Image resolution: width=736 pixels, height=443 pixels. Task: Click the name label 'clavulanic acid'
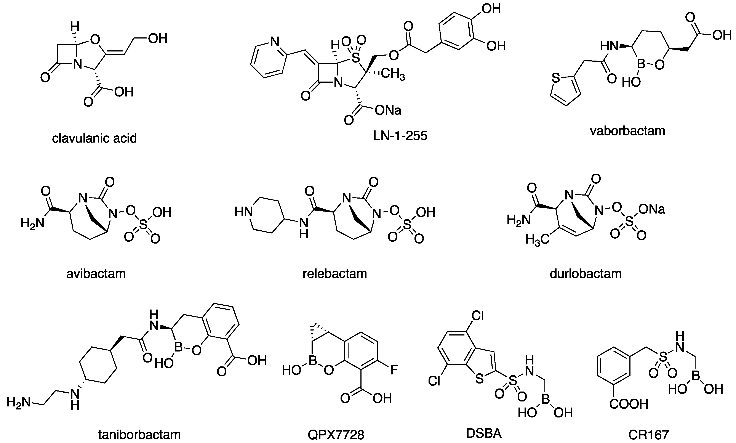coord(94,138)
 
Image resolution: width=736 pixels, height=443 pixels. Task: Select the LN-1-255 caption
coord(400,136)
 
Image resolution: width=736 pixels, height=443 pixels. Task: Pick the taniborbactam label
coord(139,435)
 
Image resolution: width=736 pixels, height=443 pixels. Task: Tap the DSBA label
coord(484,433)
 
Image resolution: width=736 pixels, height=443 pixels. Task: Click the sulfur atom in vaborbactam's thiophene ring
coord(555,79)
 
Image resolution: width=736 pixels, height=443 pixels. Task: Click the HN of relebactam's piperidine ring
coord(243,212)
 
